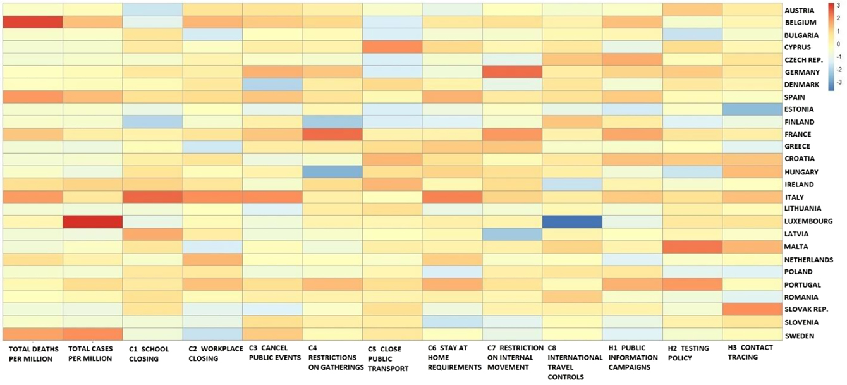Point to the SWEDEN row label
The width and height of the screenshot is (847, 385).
click(800, 336)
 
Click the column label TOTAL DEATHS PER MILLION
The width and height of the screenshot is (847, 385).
click(34, 353)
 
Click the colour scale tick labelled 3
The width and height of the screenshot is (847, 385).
click(838, 6)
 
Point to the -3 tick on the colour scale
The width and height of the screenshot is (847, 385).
click(839, 83)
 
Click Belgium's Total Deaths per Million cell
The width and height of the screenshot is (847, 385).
click(33, 22)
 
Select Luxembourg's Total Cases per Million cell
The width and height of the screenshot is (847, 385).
click(93, 222)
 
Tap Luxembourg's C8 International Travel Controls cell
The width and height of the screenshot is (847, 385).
click(571, 222)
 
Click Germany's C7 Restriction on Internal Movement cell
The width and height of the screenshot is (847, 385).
click(512, 72)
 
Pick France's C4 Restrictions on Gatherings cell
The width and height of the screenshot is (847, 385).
click(332, 135)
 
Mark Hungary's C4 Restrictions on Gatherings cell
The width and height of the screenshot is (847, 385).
click(332, 172)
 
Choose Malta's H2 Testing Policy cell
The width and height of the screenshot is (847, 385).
click(692, 247)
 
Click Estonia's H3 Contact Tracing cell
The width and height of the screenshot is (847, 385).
click(751, 109)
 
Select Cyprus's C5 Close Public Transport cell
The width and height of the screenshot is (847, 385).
click(392, 47)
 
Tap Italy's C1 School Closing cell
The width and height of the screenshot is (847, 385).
click(152, 197)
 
